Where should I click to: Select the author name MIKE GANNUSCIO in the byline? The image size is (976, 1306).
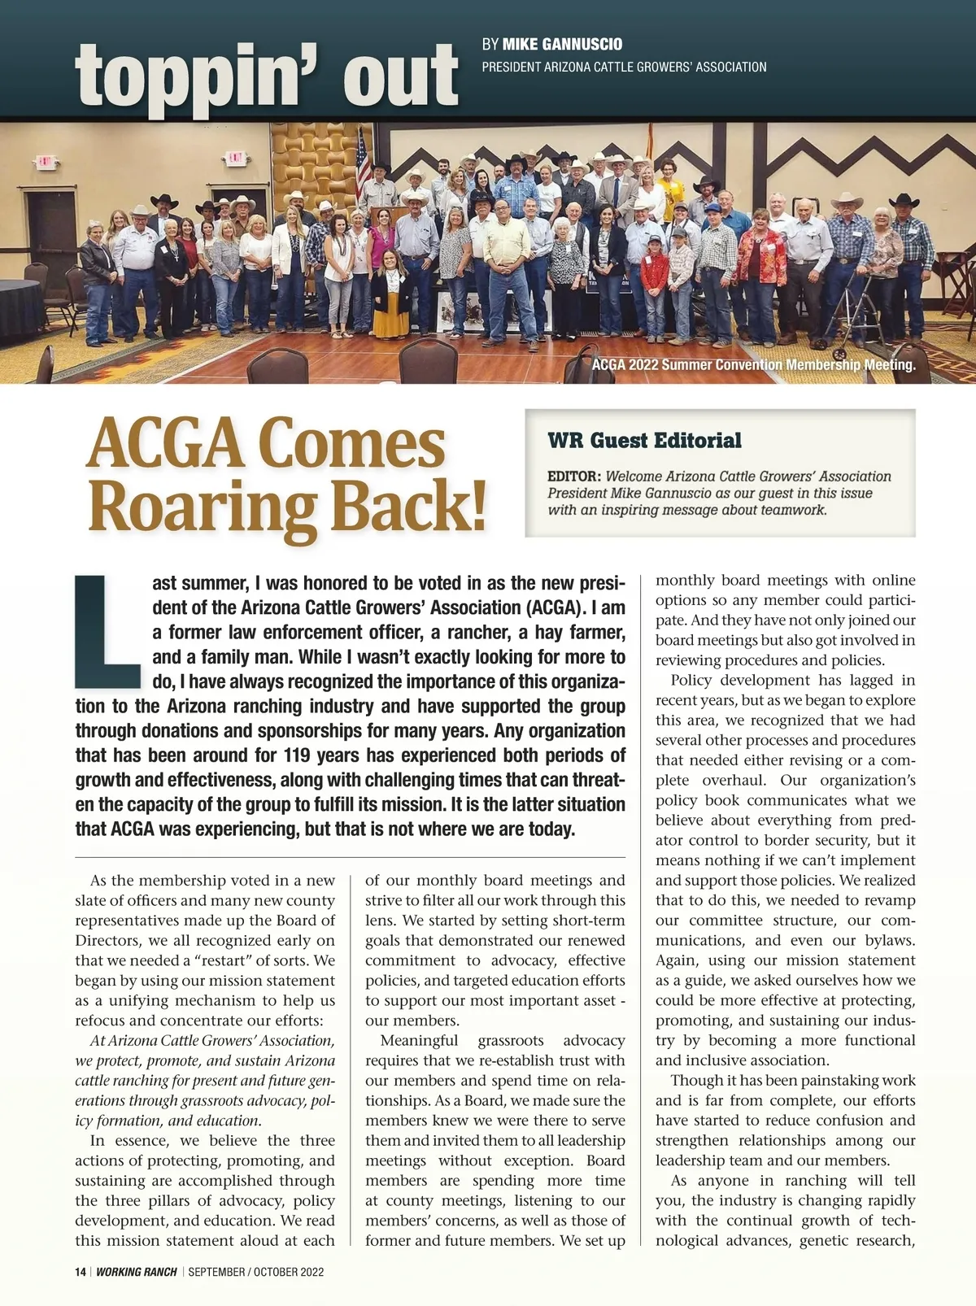pos(562,44)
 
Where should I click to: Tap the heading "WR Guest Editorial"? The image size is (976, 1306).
pos(644,441)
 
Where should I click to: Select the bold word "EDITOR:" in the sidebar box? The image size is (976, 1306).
pos(574,477)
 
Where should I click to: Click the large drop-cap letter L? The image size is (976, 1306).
pos(106,631)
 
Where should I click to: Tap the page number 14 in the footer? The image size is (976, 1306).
pos(81,1272)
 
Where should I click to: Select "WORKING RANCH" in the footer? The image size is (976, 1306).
pos(137,1272)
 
